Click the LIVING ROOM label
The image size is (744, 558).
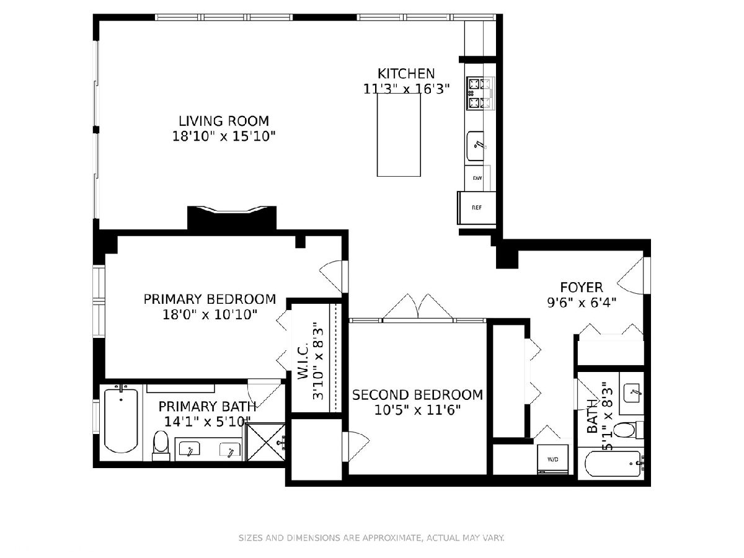(x=224, y=121)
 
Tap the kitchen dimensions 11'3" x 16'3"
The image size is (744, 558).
(x=406, y=89)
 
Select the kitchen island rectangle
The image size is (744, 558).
(x=399, y=135)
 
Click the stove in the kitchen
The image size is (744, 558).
(x=480, y=93)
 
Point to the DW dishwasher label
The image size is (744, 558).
(x=477, y=178)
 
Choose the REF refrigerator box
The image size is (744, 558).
(x=477, y=208)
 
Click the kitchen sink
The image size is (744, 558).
(x=476, y=146)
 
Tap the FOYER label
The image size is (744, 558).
(x=582, y=287)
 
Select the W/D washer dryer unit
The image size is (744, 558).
(x=552, y=460)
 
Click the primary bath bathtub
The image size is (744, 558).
(x=121, y=420)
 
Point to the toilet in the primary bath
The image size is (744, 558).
(x=161, y=445)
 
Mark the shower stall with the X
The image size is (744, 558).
(x=266, y=442)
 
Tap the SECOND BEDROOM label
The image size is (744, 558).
(x=417, y=395)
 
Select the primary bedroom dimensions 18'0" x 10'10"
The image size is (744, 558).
(x=210, y=315)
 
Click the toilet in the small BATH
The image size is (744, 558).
(x=628, y=430)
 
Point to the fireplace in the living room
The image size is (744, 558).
(x=232, y=218)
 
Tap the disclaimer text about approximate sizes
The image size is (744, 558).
(x=371, y=538)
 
